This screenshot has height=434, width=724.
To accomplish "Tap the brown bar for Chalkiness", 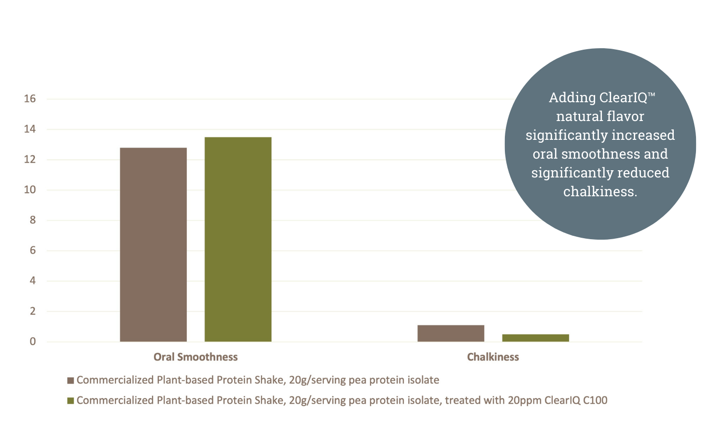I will [x=451, y=333].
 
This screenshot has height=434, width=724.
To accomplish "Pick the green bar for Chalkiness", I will [x=535, y=338].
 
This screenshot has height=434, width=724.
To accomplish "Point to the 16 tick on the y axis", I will [x=30, y=99].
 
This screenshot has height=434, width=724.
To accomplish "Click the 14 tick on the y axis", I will [x=30, y=129].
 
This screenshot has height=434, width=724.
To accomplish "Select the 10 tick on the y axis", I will [x=30, y=190].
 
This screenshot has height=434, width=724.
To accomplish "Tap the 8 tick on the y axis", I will [x=32, y=220].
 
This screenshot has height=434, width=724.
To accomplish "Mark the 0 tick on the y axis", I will [x=32, y=342].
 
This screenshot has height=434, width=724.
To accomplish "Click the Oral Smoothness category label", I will [x=195, y=357].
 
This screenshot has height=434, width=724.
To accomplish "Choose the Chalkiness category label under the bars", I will [x=493, y=357].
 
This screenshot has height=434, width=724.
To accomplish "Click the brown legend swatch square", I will [x=70, y=380].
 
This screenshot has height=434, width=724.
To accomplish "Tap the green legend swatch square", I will [x=70, y=401].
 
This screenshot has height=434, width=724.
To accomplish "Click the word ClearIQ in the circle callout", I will [x=623, y=98].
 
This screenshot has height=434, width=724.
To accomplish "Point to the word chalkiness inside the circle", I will [x=600, y=192].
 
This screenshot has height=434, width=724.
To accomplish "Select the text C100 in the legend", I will [x=595, y=401].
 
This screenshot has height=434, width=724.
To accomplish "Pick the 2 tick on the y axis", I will [x=32, y=312].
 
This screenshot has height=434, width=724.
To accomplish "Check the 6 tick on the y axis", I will [x=32, y=251].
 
